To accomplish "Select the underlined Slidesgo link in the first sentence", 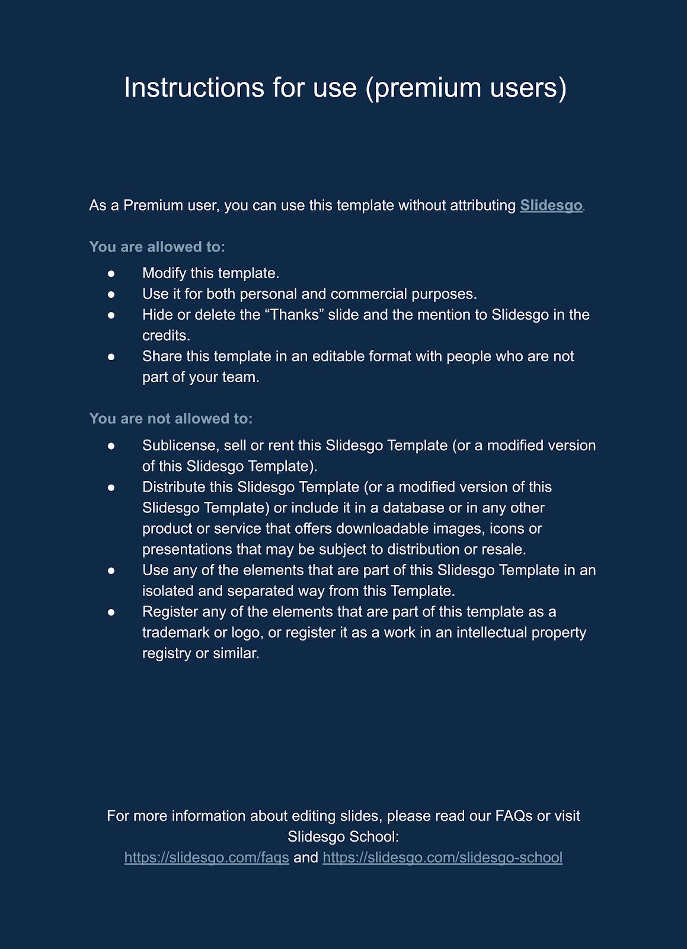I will point(551,205).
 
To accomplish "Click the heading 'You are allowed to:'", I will point(157,247).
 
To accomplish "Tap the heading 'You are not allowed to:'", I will point(171,419).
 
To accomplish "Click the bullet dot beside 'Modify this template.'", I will point(111,273).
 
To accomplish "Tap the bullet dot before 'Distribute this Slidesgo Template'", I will point(111,487).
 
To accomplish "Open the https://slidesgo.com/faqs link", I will point(207,858).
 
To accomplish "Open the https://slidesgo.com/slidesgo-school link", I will point(442,858).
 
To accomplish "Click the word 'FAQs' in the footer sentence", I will point(514,816).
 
